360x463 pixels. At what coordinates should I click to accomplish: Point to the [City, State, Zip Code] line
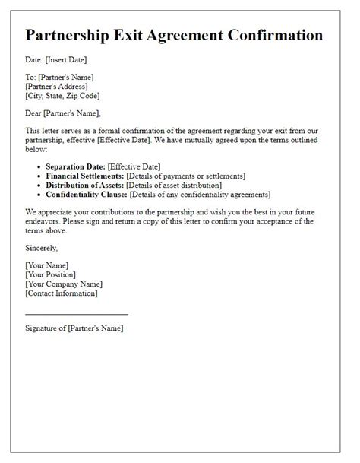(x=62, y=96)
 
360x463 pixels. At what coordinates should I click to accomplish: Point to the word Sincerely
(x=41, y=248)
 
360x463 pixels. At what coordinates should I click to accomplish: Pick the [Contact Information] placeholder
(x=61, y=293)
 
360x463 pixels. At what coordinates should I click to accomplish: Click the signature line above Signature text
(x=76, y=313)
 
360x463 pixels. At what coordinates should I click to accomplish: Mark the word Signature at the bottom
(x=42, y=328)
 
